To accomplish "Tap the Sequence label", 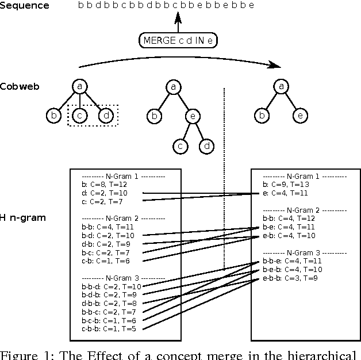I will point(24,6).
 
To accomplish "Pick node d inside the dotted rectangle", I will point(106,116).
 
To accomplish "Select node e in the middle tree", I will point(193,116).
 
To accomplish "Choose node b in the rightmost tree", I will point(263,116).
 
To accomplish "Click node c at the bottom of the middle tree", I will point(180,147).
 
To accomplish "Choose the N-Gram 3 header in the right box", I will point(305,252).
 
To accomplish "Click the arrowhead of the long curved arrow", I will point(278,66).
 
